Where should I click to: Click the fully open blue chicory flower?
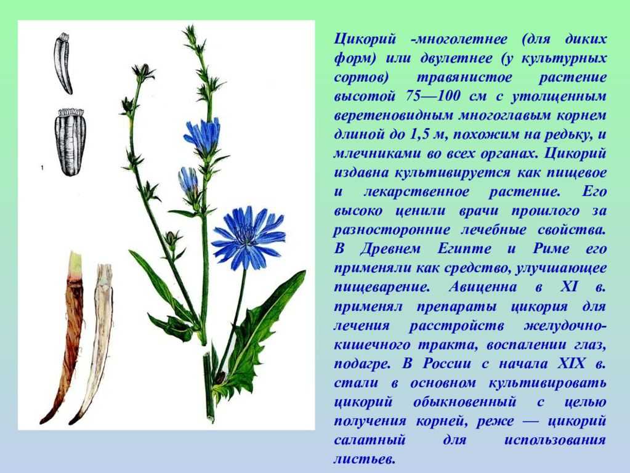pyautogui.click(x=248, y=237)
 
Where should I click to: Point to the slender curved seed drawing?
pyautogui.click(x=63, y=62)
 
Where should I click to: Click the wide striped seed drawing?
pyautogui.click(x=71, y=142)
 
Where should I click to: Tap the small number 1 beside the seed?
pyautogui.click(x=42, y=168)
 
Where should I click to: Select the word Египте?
pyautogui.click(x=464, y=249)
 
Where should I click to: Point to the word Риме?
pyautogui.click(x=551, y=249)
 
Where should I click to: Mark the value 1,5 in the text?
pyautogui.click(x=420, y=135)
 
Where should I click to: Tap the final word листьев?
pyautogui.click(x=365, y=459)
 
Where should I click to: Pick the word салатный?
pyautogui.click(x=370, y=440)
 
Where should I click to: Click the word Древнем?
pyautogui.click(x=390, y=249)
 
